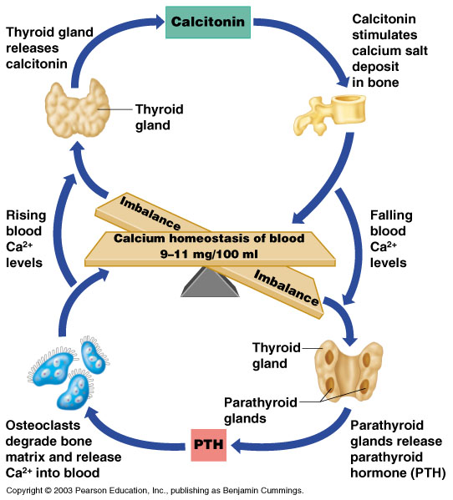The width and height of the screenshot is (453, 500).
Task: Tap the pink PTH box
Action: [208, 444]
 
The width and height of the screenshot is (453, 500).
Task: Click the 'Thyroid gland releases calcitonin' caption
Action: [48, 48]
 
